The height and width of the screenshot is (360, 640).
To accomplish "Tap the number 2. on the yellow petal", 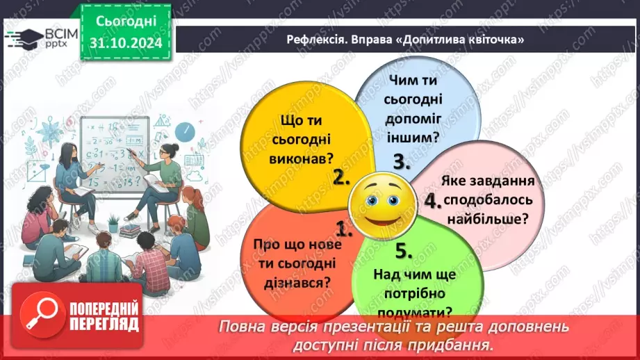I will click(x=340, y=177).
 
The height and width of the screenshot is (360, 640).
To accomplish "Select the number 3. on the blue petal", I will click(x=402, y=162).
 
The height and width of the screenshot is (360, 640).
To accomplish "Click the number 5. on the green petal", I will click(x=404, y=249).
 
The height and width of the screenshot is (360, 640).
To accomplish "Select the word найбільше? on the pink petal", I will click(x=487, y=219).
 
